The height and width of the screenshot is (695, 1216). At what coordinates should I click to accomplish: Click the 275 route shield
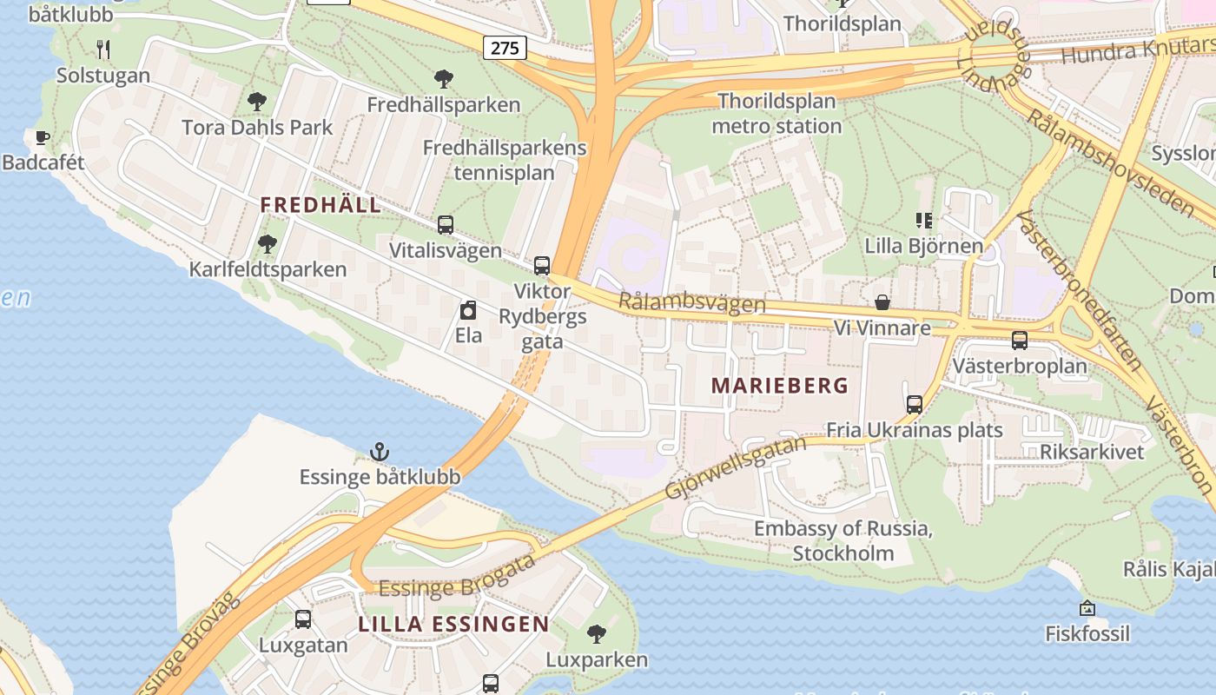tap(505, 47)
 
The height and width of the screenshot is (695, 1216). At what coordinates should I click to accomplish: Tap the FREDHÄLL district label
tap(321, 205)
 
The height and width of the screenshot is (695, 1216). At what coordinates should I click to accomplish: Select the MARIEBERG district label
tap(779, 386)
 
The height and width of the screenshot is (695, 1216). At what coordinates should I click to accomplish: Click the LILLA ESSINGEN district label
tap(453, 624)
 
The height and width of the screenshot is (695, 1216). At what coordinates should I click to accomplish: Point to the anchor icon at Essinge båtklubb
tap(380, 452)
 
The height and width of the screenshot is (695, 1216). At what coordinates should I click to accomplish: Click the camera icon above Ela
tap(468, 310)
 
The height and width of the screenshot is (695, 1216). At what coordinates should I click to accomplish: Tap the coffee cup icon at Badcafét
tap(42, 137)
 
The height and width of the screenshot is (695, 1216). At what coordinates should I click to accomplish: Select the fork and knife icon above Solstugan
tap(103, 49)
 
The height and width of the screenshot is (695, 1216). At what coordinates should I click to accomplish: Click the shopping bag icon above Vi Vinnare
tap(882, 302)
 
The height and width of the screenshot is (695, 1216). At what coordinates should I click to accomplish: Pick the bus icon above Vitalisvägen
tap(446, 225)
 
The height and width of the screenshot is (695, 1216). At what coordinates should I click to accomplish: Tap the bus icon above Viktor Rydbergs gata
tap(542, 265)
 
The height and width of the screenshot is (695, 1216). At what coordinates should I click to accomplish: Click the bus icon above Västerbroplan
tap(1020, 341)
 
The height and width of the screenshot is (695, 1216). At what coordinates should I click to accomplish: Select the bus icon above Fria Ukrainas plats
tap(915, 404)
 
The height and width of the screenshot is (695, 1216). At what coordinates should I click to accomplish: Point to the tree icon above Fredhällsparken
tap(444, 79)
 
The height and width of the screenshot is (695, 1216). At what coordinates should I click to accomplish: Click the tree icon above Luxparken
tap(596, 634)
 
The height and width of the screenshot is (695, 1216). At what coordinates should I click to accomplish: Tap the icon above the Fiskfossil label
tap(1087, 608)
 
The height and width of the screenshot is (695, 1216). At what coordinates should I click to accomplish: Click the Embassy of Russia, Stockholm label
tap(843, 540)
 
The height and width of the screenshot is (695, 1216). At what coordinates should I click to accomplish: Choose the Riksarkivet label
tap(1092, 452)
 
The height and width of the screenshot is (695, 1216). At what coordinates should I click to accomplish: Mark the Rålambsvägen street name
tap(692, 303)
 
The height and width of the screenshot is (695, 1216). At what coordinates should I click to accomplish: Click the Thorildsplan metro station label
tap(777, 114)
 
